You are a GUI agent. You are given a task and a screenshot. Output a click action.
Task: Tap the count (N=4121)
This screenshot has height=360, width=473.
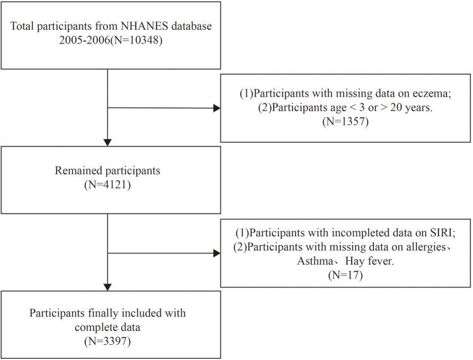pos(109,188)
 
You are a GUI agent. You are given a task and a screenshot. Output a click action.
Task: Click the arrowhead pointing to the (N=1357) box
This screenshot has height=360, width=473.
pos(216,109)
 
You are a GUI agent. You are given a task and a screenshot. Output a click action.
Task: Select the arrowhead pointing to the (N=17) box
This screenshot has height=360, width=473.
pos(216,254)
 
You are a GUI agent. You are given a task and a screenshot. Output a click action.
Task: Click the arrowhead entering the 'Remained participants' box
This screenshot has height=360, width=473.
pos(109,141)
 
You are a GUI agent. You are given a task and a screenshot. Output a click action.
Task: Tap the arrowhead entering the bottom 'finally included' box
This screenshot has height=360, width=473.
pos(109,286)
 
